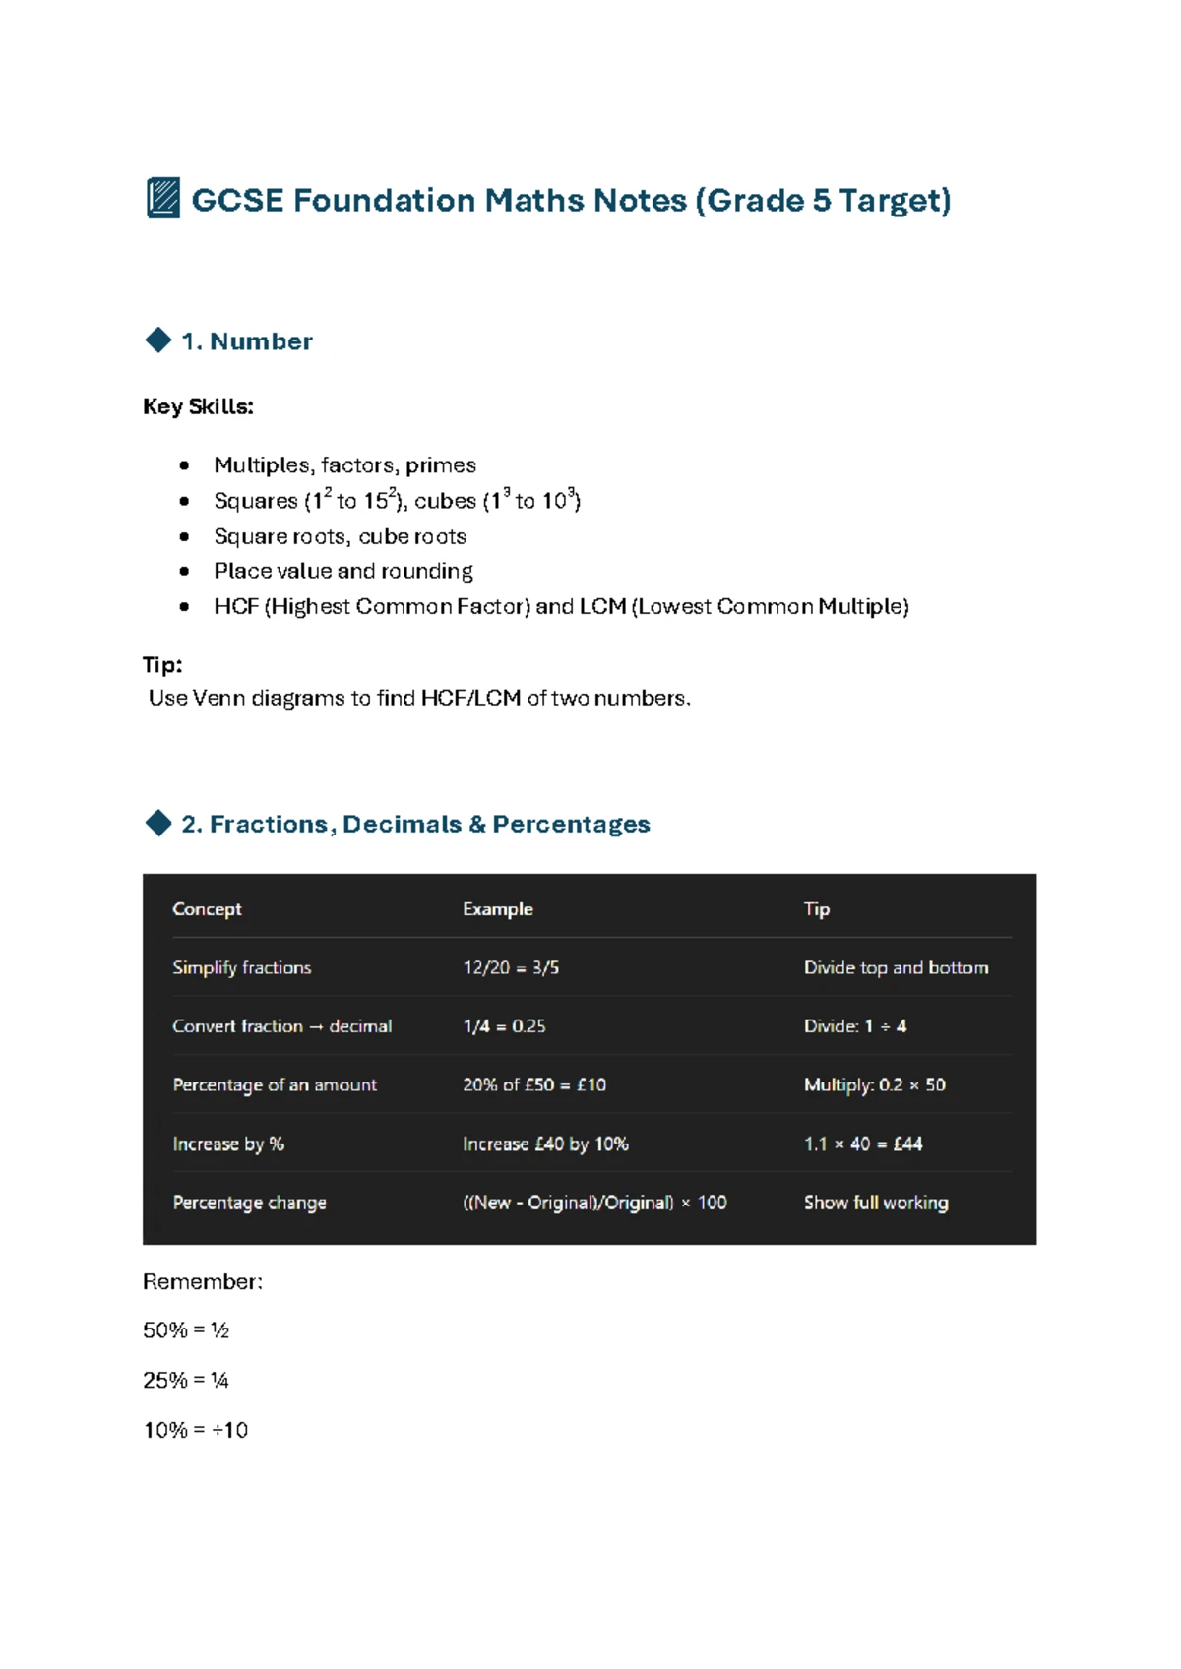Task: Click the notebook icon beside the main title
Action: click(x=162, y=199)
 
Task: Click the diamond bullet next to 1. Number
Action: click(x=157, y=340)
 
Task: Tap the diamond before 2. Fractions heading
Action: click(x=157, y=823)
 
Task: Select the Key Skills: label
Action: click(x=198, y=406)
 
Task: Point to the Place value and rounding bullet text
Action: click(x=342, y=571)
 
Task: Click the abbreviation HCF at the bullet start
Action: click(x=235, y=606)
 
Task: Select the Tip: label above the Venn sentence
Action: click(x=162, y=664)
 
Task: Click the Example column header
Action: click(x=498, y=909)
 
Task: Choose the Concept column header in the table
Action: click(x=207, y=909)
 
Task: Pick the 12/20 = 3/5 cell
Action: click(x=511, y=967)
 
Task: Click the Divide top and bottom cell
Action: click(x=896, y=967)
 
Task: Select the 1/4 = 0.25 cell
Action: click(x=504, y=1025)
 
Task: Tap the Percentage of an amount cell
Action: click(x=275, y=1084)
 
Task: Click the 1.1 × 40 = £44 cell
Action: click(x=863, y=1144)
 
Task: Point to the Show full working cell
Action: click(x=876, y=1202)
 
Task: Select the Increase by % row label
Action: click(x=228, y=1144)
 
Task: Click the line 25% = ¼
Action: click(x=186, y=1380)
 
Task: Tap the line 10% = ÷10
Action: click(x=196, y=1430)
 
